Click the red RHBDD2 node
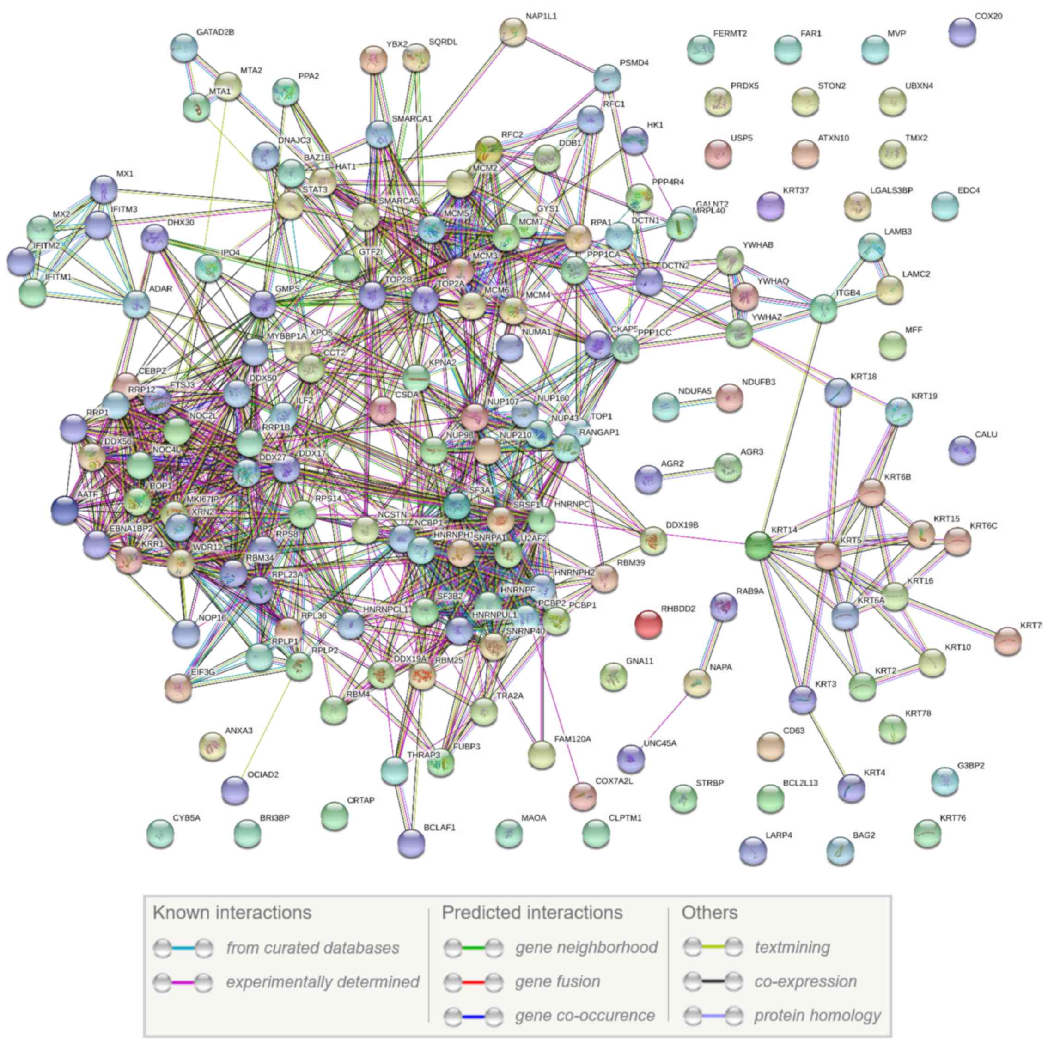pyautogui.click(x=648, y=624)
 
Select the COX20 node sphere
pyautogui.click(x=963, y=32)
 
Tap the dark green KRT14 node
pyautogui.click(x=758, y=545)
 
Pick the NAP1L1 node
pyautogui.click(x=512, y=31)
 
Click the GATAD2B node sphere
pyautogui.click(x=183, y=48)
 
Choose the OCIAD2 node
pyautogui.click(x=235, y=790)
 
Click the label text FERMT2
pyautogui.click(x=730, y=34)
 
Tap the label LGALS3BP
pyautogui.click(x=891, y=190)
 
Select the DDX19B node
pyautogui.click(x=653, y=541)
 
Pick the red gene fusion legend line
pyautogui.click(x=472, y=982)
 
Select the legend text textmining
pyautogui.click(x=792, y=948)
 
